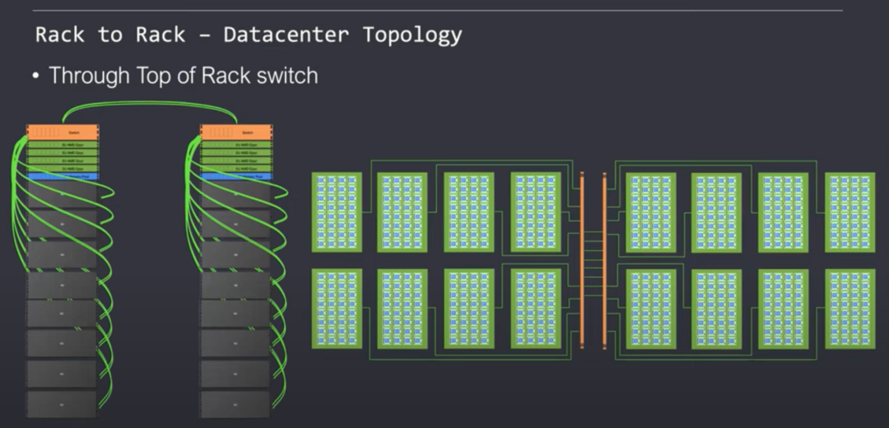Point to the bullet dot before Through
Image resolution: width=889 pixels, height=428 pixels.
tap(36, 76)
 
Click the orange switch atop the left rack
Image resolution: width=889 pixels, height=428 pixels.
tap(63, 132)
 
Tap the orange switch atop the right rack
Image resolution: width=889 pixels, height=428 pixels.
tap(236, 132)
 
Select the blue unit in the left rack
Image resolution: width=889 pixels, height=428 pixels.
tap(63, 176)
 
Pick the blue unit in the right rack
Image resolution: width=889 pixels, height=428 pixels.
tap(236, 176)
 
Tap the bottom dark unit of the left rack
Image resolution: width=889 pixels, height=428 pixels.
tap(63, 403)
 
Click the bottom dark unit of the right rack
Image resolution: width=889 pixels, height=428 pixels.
tap(236, 403)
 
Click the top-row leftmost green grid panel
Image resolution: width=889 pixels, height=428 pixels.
tap(337, 212)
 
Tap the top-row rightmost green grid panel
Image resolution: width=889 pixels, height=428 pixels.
tap(849, 212)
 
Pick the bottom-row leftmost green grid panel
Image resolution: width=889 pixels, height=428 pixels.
tap(337, 308)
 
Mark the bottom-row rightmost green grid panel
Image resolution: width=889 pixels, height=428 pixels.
tap(849, 308)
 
